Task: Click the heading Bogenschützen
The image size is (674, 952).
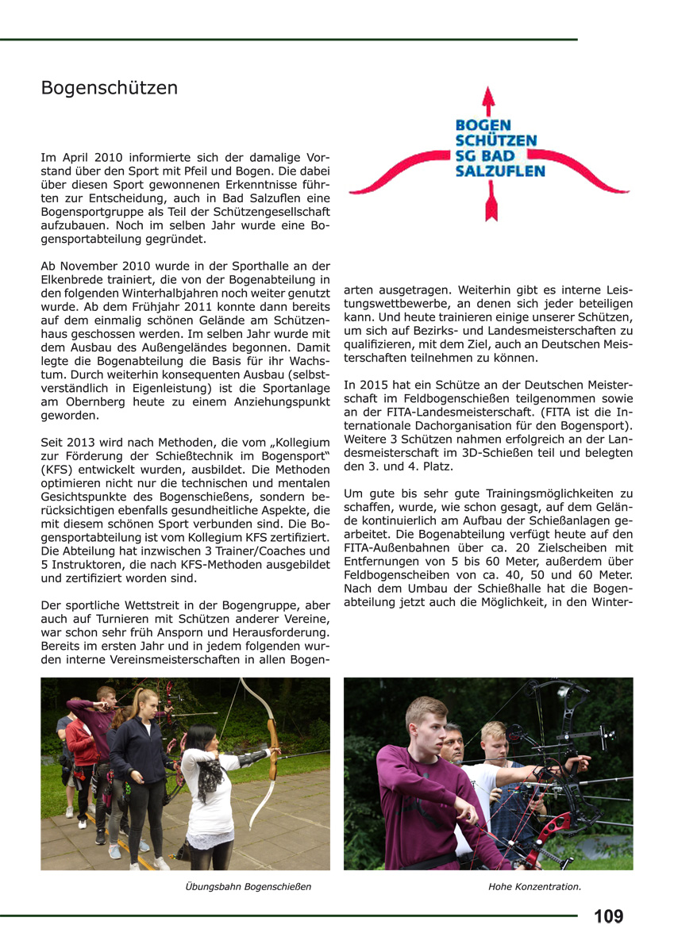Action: click(x=110, y=87)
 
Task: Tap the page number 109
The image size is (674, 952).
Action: click(x=608, y=917)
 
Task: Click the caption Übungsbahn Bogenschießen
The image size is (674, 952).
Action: click(x=248, y=886)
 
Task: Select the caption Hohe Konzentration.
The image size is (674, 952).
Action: click(x=534, y=886)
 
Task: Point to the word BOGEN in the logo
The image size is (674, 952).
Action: click(x=483, y=125)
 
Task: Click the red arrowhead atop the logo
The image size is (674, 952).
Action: click(x=488, y=98)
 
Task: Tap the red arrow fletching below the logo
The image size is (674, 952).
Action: click(x=489, y=210)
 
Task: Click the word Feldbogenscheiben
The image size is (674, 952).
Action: click(x=395, y=573)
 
